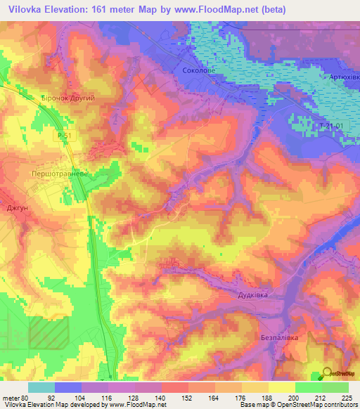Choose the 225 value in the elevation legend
tap(345, 397)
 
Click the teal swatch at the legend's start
tap(41, 387)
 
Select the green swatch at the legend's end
tap(335, 387)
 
